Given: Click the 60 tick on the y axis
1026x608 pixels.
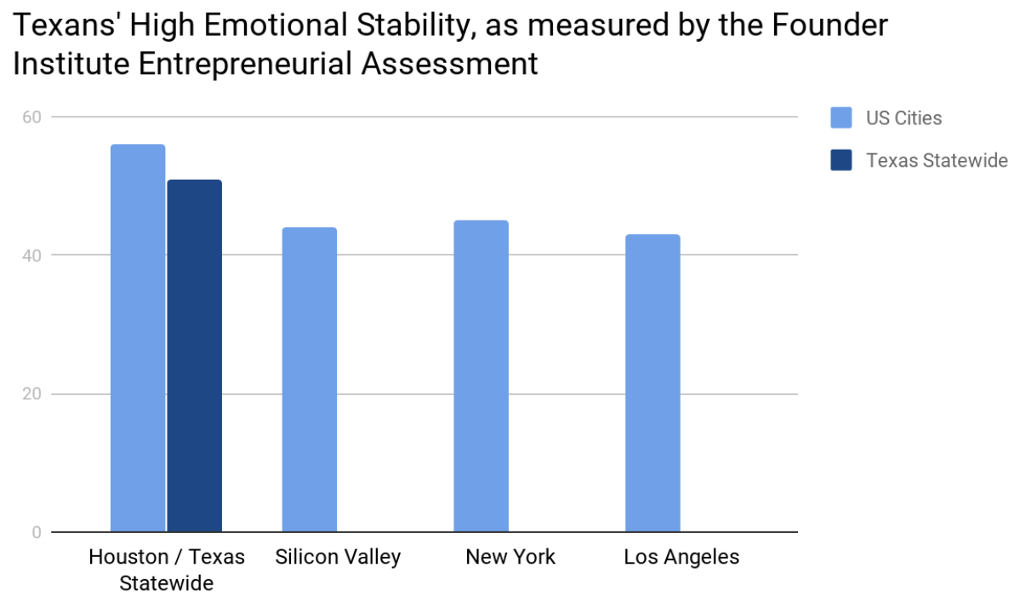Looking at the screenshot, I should coord(31,117).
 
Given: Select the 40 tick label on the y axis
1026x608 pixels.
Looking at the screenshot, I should coord(31,255).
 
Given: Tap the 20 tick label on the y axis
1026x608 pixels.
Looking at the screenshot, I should coord(31,394).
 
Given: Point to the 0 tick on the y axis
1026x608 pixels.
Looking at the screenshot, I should coord(37,533).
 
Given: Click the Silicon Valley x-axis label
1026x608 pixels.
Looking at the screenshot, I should coord(338,558).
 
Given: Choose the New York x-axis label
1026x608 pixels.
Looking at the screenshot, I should coord(510,558).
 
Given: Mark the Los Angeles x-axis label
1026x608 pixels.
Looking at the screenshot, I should coord(681,558).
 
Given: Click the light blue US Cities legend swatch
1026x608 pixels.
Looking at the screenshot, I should coord(841,118).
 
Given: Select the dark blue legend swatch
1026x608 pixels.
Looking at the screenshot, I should coord(841,160).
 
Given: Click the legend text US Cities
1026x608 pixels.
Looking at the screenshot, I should coord(903,118).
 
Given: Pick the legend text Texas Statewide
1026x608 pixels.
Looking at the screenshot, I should coord(937,161).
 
